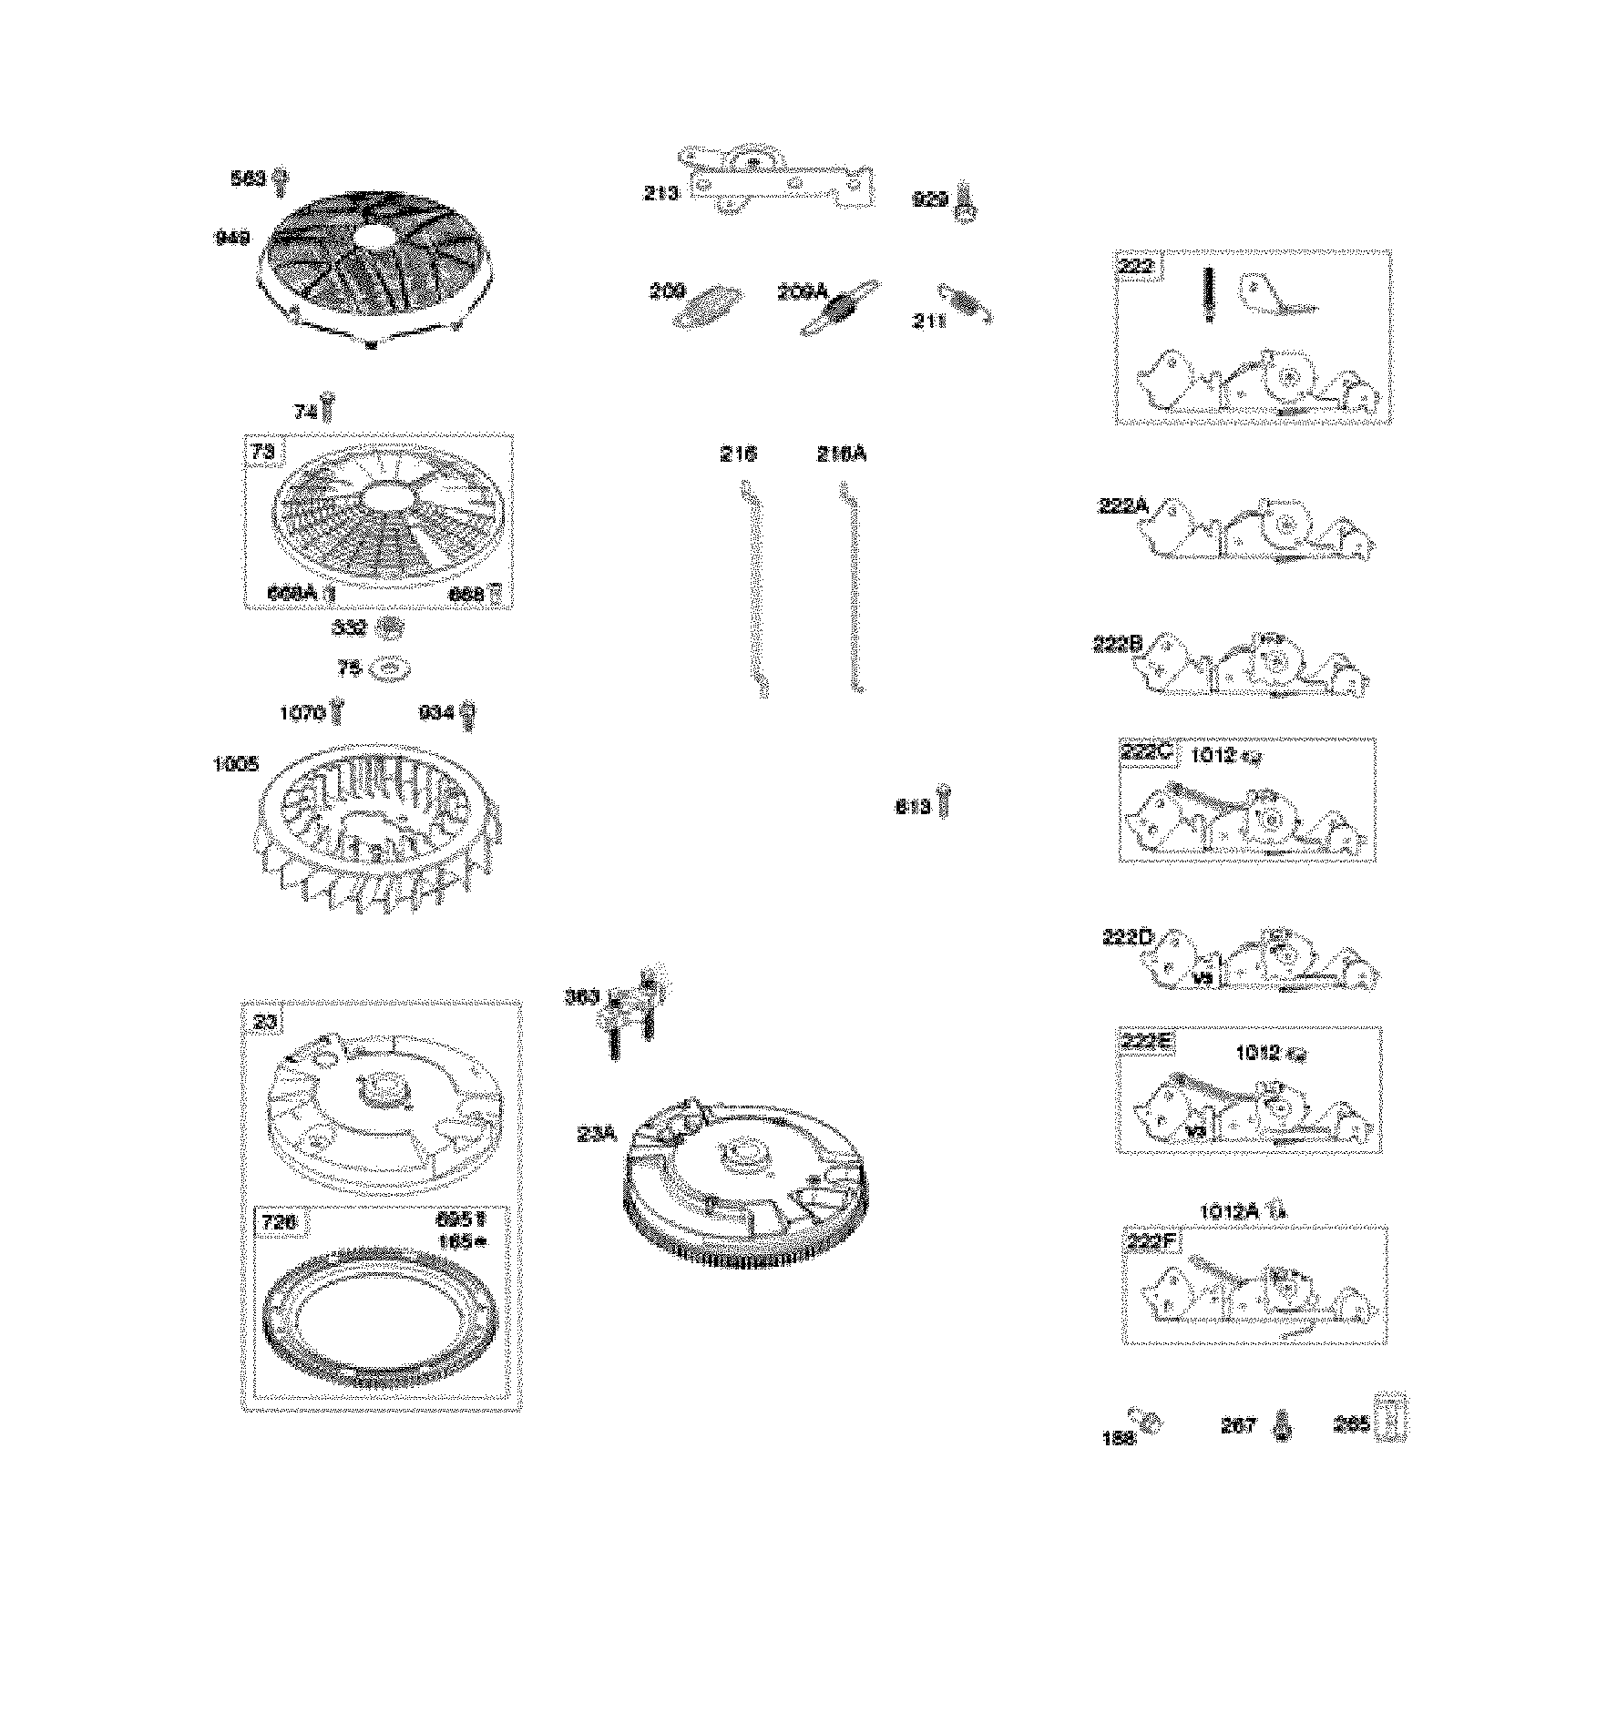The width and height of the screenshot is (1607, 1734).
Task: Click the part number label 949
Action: (x=232, y=238)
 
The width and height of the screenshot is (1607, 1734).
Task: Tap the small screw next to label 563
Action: (x=281, y=181)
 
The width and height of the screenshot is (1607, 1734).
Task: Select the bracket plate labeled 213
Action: (x=779, y=182)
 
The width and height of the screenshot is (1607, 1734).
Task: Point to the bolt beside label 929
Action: (x=966, y=204)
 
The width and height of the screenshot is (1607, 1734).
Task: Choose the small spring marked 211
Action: (x=966, y=303)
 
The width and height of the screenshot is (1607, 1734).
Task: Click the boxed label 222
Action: (x=1138, y=267)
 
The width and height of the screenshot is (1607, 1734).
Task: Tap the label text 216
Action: (x=737, y=454)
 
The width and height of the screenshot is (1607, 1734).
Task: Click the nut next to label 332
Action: (x=390, y=627)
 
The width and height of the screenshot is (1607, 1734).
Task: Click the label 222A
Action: (x=1123, y=505)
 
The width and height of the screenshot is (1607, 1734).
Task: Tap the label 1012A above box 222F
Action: (x=1228, y=1211)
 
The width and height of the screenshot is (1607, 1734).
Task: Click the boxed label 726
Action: (x=279, y=1222)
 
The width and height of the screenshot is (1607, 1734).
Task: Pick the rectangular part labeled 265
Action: (x=1393, y=1420)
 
